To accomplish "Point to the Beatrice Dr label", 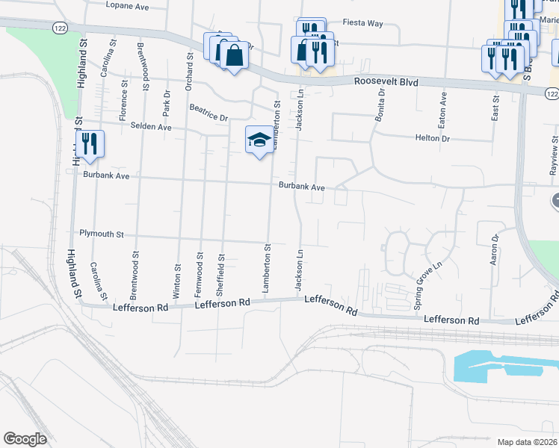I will pos(208,113).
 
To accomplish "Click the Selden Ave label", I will pos(152,128).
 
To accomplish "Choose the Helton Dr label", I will pos(433,138).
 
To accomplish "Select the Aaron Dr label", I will pos(494,250).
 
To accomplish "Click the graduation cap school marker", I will pos(259,140).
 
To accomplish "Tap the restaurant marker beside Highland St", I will pos(90,143).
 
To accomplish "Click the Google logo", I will pos(25,439).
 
